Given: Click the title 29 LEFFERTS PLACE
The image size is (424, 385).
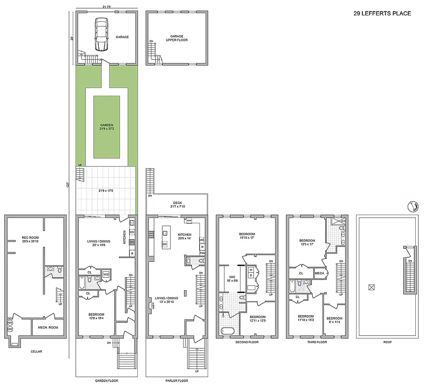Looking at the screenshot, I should click(x=382, y=13).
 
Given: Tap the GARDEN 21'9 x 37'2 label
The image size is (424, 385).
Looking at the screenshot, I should click(x=106, y=127).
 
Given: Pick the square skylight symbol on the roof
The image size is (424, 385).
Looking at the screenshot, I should click(x=371, y=287).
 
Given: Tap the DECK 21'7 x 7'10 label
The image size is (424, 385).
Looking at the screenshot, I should click(x=177, y=205).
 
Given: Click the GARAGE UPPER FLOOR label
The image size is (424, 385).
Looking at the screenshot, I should click(x=179, y=38).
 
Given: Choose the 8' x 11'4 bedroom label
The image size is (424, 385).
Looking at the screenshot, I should click(x=334, y=320).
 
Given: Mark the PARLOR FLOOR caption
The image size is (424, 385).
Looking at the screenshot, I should click(x=177, y=381).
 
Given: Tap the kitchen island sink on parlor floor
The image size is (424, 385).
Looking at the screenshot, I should click(x=165, y=233).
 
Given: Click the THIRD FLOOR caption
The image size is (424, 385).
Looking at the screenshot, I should click(x=318, y=342).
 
